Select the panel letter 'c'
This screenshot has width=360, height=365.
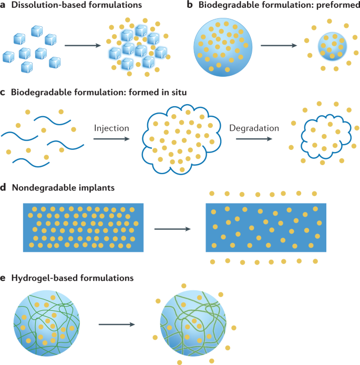[4, 93]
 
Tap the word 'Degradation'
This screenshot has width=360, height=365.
[254, 128]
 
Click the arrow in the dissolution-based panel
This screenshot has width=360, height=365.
[83, 46]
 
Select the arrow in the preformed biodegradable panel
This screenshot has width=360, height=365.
[278, 46]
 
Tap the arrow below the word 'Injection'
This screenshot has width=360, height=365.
[111, 139]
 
